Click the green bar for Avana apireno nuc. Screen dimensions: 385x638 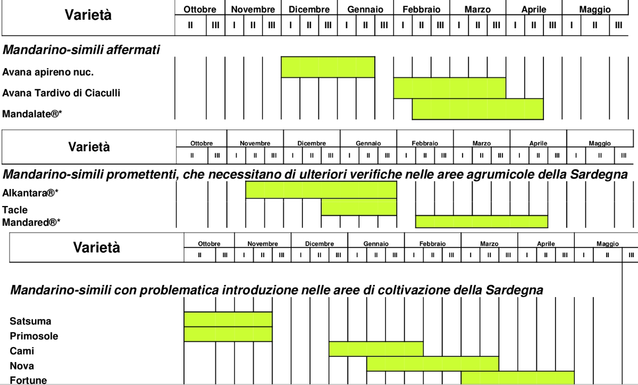[328, 67]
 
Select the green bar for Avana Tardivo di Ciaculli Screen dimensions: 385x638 [449, 88]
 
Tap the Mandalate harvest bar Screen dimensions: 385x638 [477, 109]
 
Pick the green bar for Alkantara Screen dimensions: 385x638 [321, 190]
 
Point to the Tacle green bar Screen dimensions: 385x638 [359, 207]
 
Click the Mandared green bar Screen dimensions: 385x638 [481, 222]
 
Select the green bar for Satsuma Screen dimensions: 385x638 [228, 319]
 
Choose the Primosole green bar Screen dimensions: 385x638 [228, 334]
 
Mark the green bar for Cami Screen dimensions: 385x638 [376, 349]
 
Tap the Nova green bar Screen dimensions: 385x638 [432, 364]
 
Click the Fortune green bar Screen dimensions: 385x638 [517, 378]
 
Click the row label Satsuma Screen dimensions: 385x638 [30, 321]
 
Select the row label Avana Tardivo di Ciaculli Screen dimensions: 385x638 [61, 93]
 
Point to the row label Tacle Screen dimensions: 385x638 [15, 210]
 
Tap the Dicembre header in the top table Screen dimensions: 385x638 [309, 9]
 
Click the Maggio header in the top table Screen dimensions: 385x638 [595, 9]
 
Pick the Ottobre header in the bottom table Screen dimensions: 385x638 [209, 244]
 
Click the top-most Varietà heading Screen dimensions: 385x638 [88, 15]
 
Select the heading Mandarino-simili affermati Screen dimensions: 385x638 [81, 50]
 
